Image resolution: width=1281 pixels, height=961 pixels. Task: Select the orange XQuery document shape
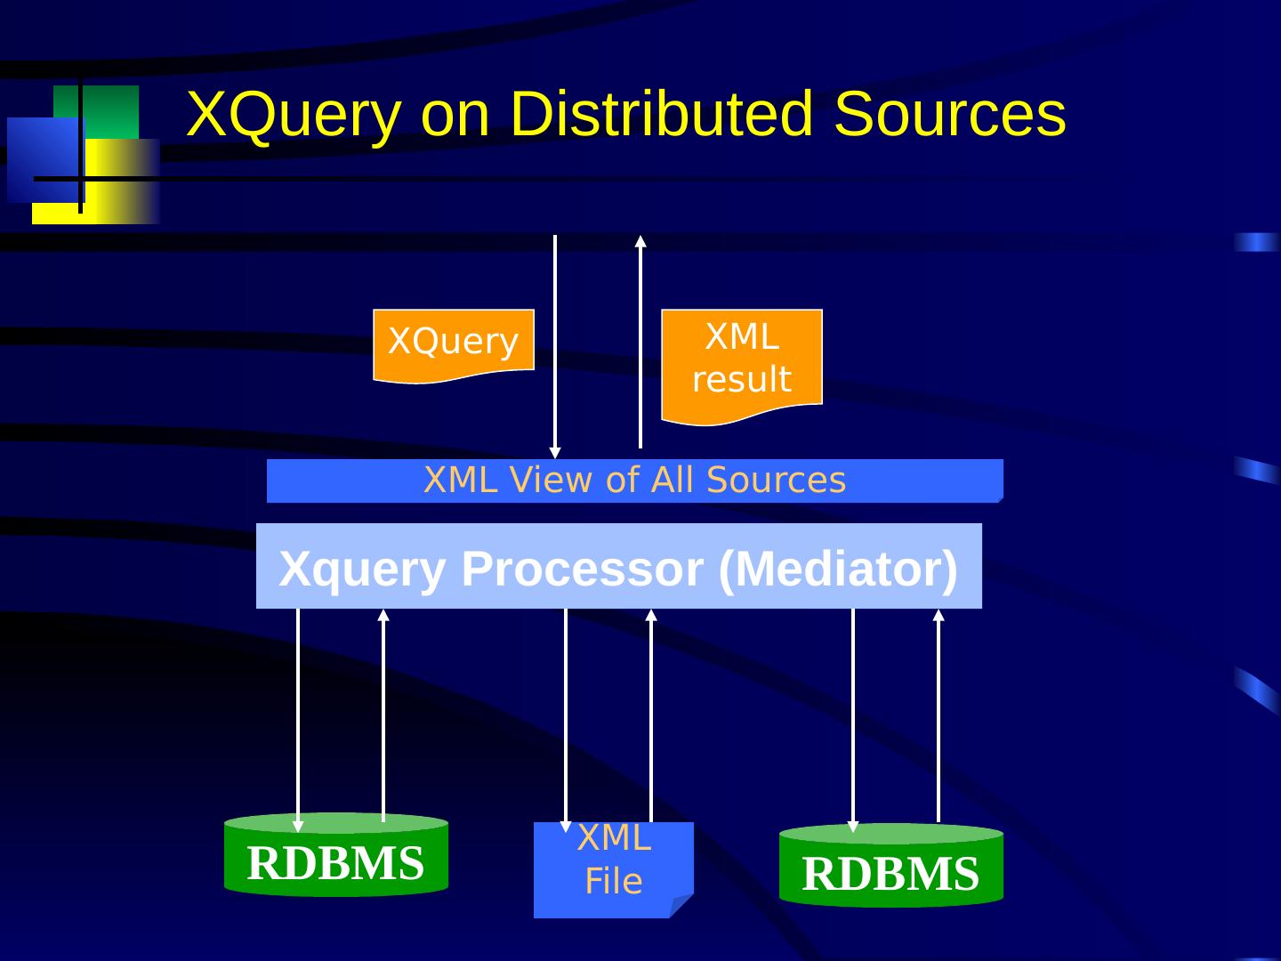coord(453,343)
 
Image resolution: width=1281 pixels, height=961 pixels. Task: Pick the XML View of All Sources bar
coord(634,480)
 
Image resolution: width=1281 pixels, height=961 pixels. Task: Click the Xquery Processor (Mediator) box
coord(618,566)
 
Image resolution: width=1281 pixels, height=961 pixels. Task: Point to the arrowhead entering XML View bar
coord(555,452)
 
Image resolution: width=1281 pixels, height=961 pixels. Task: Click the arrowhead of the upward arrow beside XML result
coord(640,240)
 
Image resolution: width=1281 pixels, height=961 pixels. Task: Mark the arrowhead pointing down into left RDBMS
coord(298,826)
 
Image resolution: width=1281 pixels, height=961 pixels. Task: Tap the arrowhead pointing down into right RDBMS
coord(853,827)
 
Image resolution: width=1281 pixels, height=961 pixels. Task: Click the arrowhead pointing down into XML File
coord(566,826)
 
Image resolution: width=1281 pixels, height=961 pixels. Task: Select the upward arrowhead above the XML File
coord(651,615)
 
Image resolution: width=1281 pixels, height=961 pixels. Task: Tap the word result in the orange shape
coord(741,380)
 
